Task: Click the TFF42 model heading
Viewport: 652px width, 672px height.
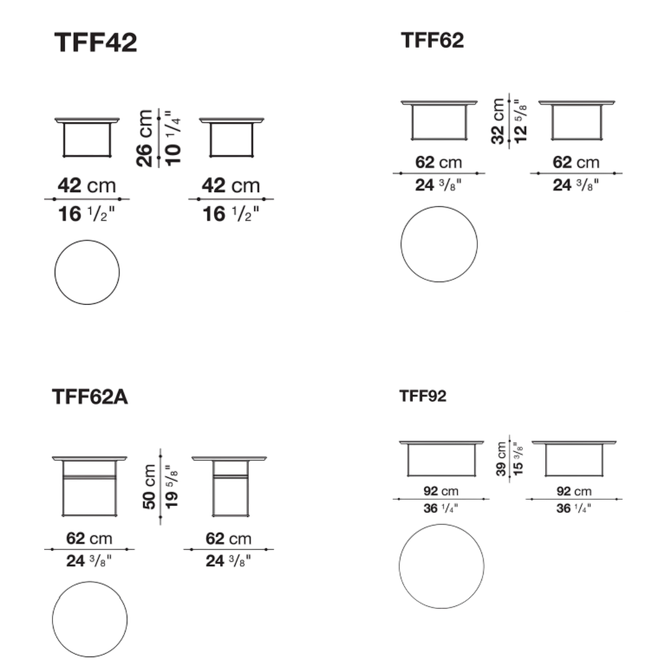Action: [95, 42]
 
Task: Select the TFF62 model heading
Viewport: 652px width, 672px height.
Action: [433, 41]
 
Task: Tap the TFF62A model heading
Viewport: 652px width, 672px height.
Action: [89, 397]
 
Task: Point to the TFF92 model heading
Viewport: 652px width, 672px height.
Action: [422, 396]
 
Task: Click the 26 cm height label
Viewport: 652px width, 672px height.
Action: [145, 138]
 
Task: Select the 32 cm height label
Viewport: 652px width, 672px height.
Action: [498, 121]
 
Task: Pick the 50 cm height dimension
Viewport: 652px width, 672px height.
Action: [149, 487]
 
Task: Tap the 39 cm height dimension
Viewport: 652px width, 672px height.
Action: [501, 459]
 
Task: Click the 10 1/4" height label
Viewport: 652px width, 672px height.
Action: [173, 138]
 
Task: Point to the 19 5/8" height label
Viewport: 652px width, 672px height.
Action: [171, 487]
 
